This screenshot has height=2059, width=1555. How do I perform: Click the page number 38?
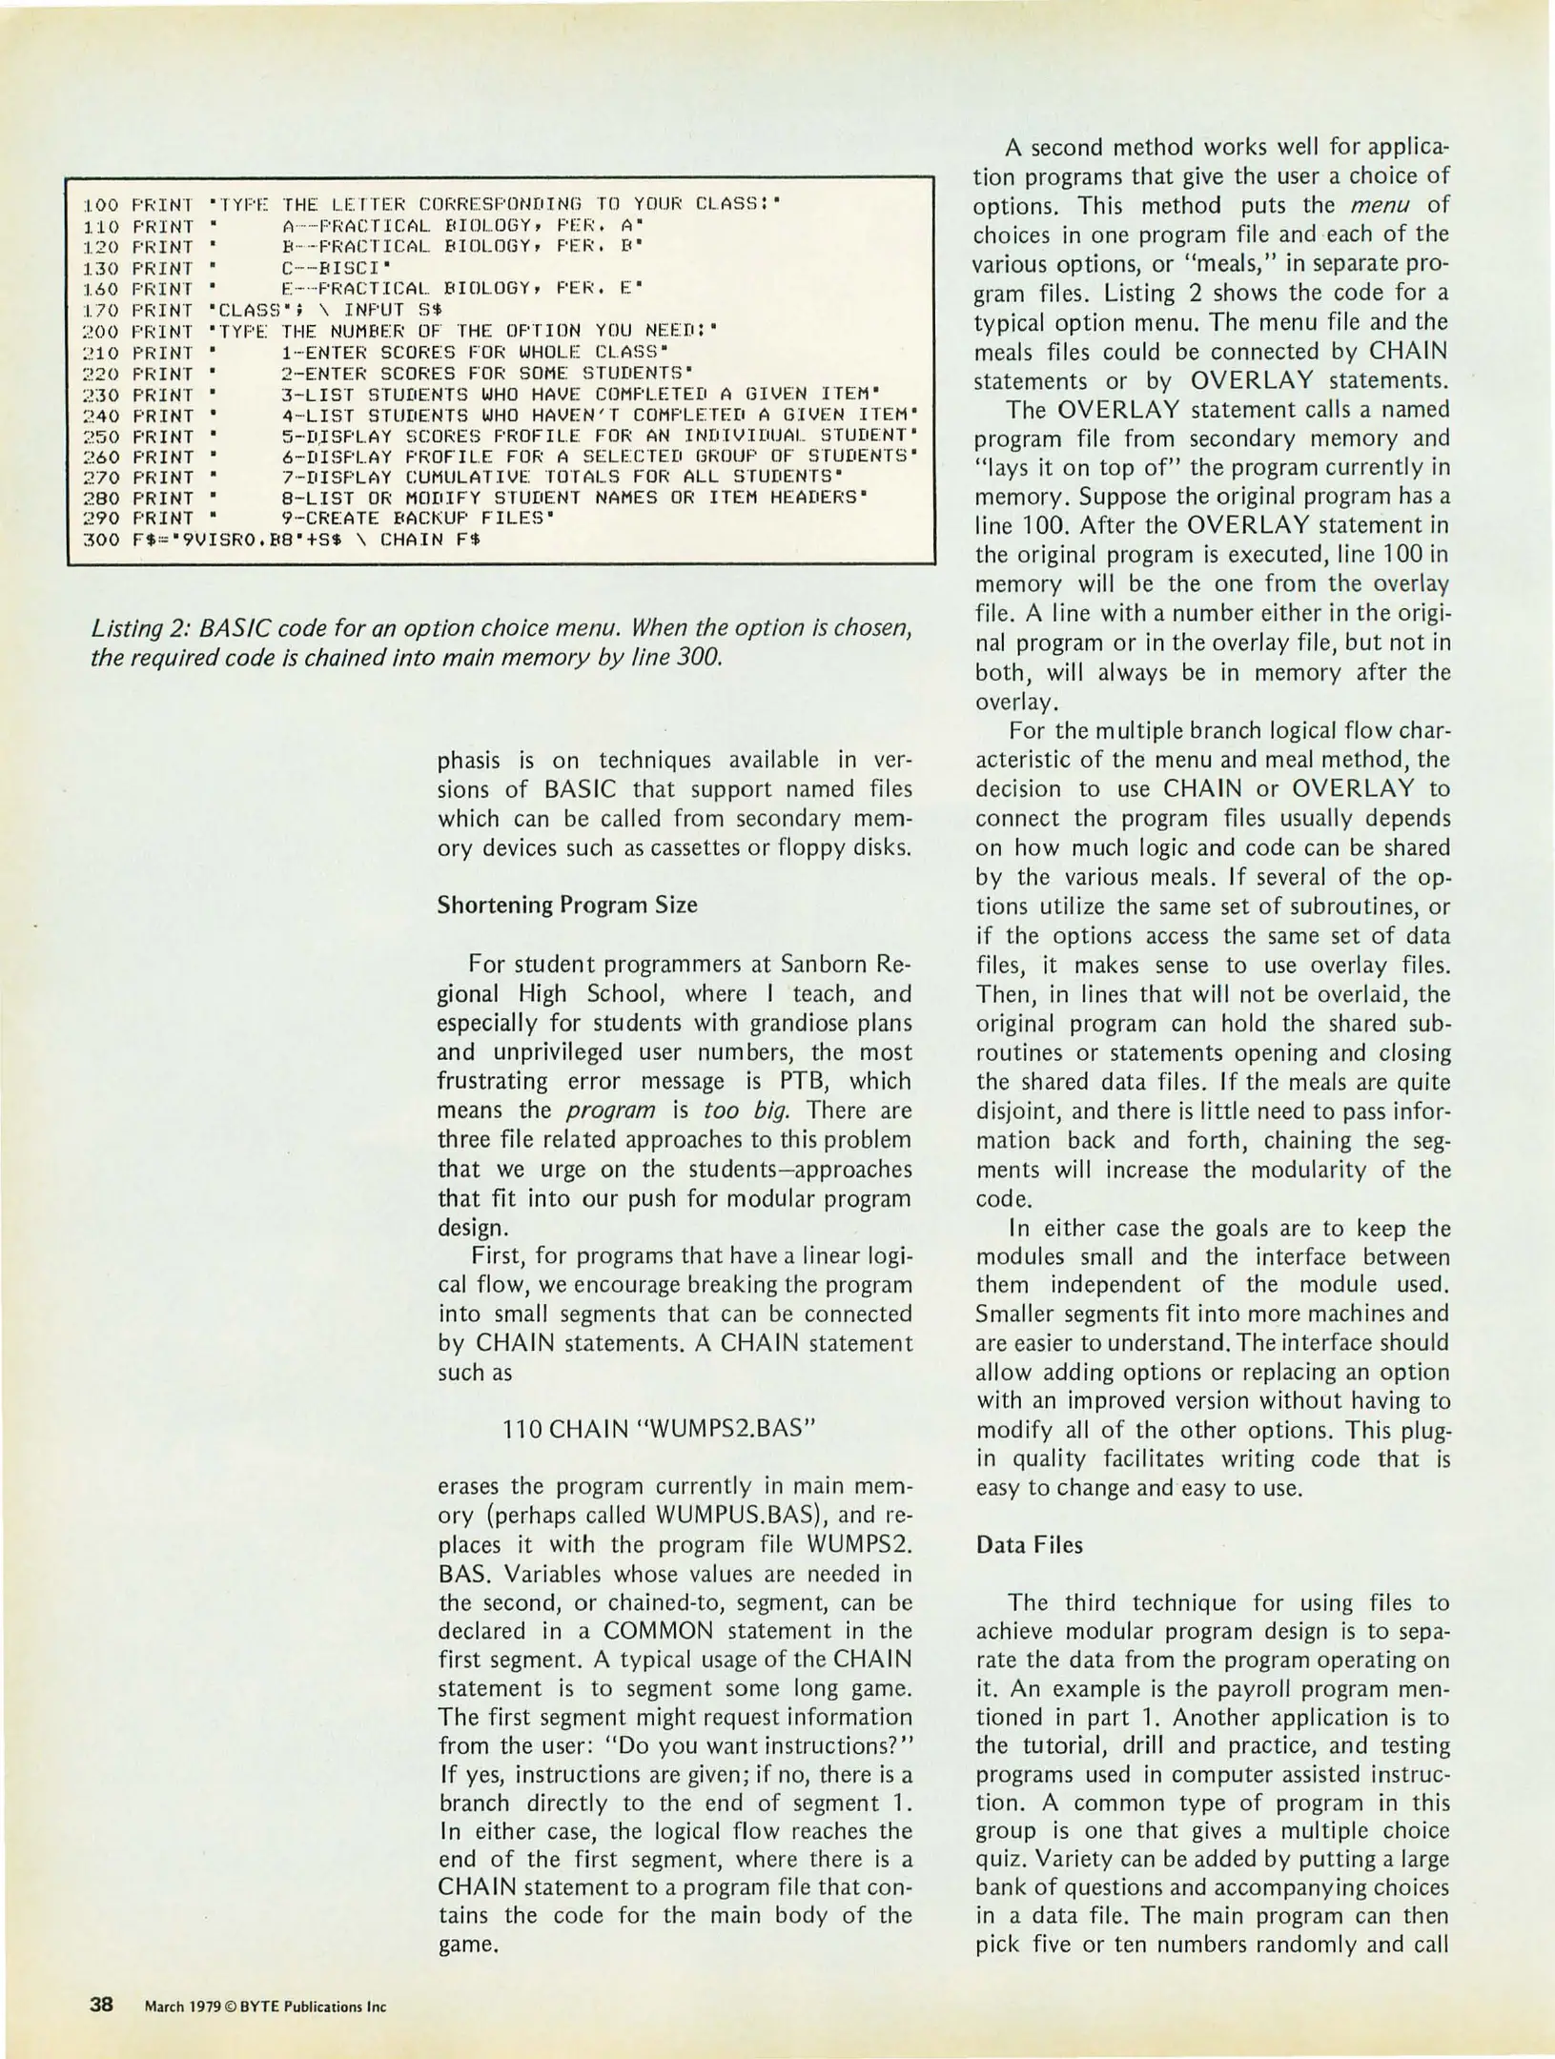coord(102,2005)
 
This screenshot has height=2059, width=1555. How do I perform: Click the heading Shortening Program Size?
coord(566,906)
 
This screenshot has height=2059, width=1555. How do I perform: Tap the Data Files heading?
coord(1029,1545)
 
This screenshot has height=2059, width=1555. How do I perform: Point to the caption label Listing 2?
coord(137,629)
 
